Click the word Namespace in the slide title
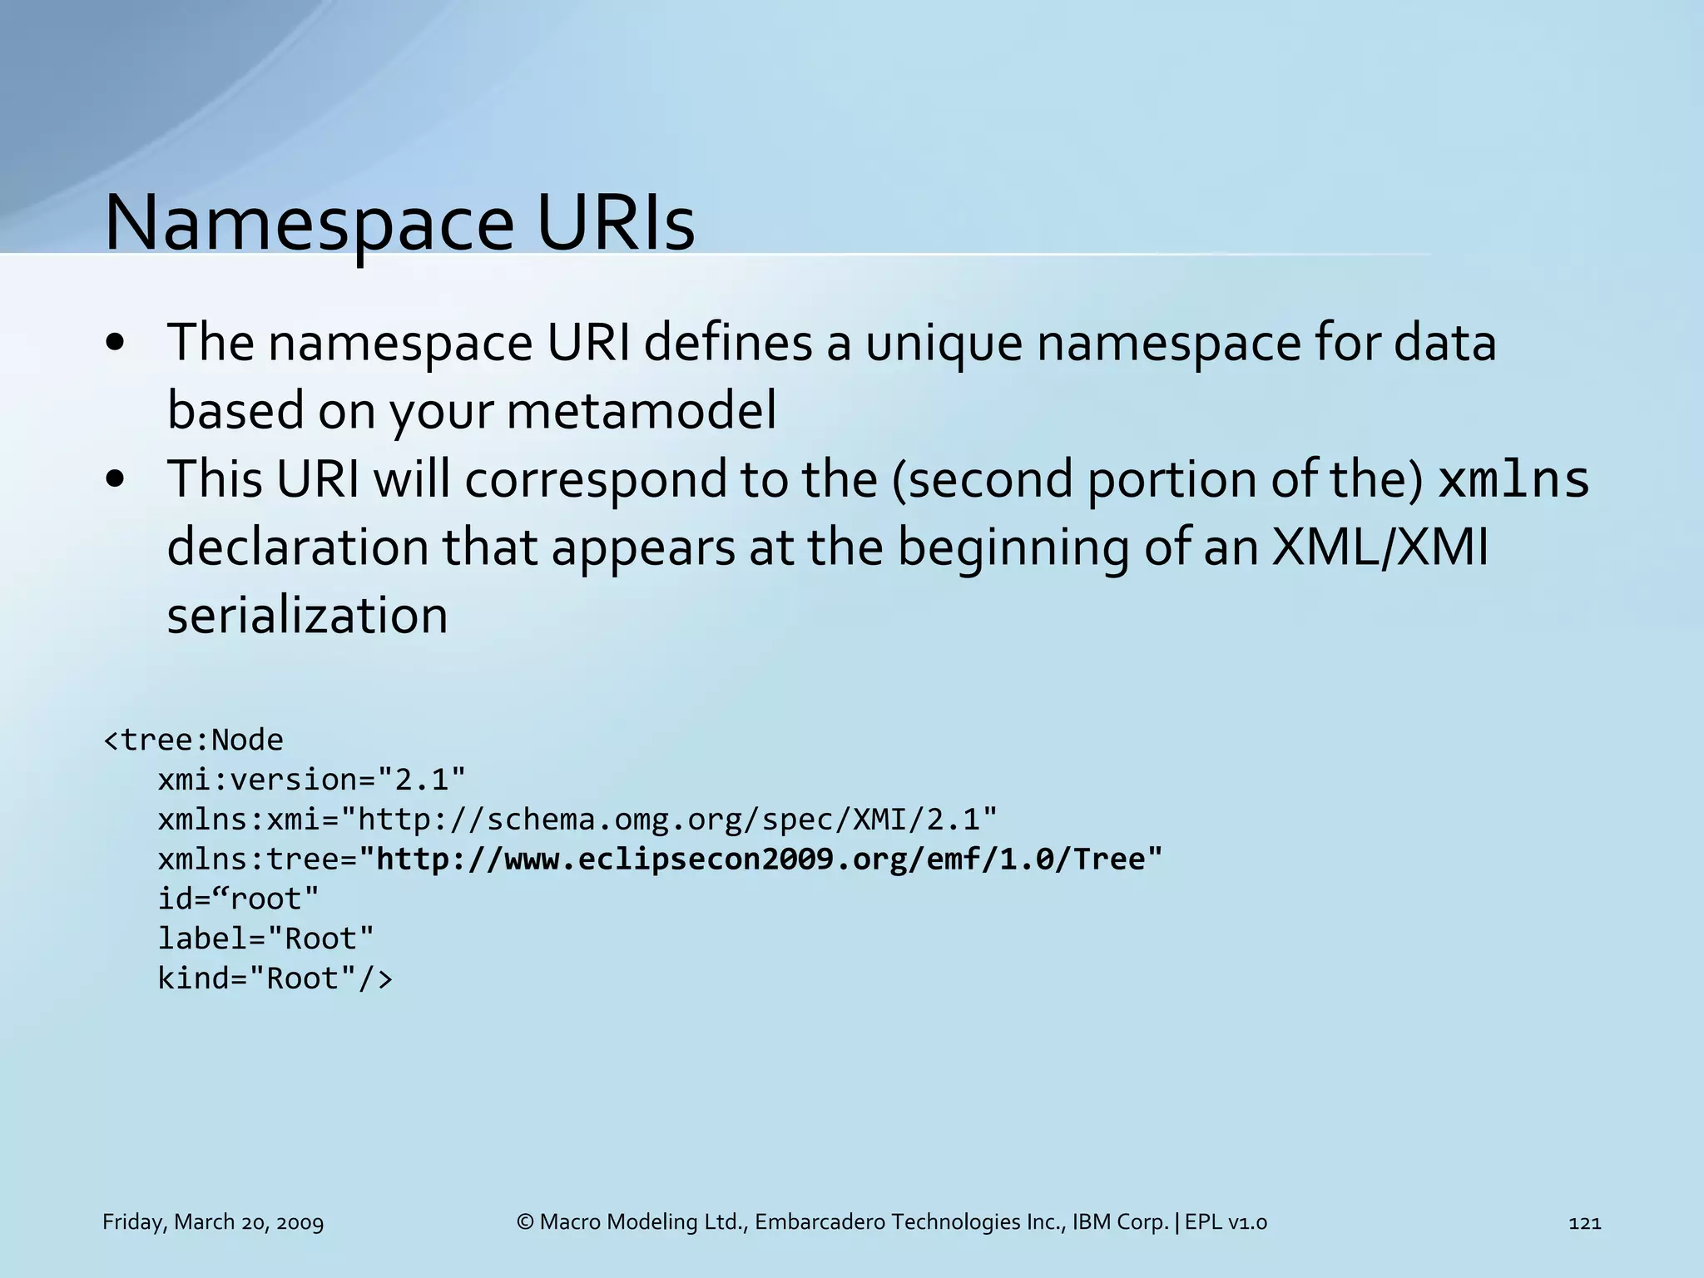(x=309, y=223)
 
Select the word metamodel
(x=641, y=410)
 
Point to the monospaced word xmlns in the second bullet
(x=1513, y=480)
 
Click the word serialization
(x=307, y=616)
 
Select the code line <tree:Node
(x=193, y=740)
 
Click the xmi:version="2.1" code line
(x=312, y=780)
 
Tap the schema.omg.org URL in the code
(x=676, y=820)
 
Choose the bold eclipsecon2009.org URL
(x=768, y=859)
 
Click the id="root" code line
(x=239, y=899)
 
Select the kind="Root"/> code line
(x=275, y=978)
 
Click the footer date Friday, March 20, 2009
(x=213, y=1222)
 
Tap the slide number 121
(x=1584, y=1222)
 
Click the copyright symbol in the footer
(x=525, y=1222)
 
